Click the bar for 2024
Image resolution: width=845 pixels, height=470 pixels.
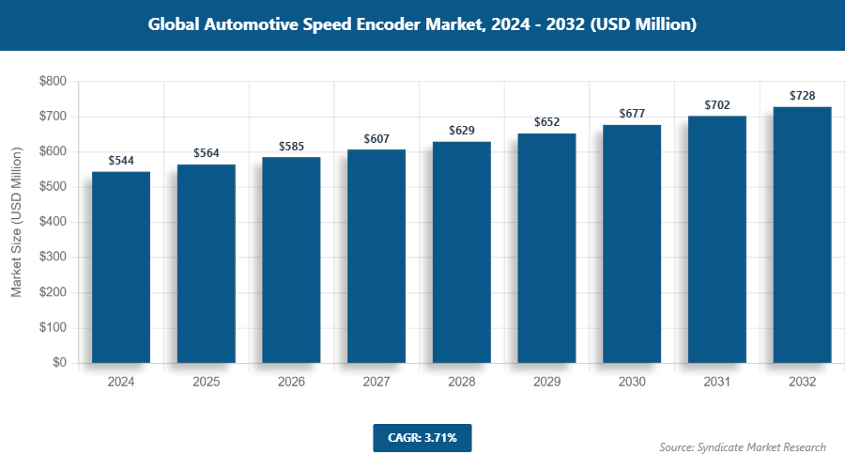click(121, 267)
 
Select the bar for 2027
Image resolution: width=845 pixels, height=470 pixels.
click(376, 256)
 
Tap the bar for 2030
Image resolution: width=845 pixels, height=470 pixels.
click(632, 243)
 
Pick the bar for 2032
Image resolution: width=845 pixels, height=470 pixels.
click(802, 235)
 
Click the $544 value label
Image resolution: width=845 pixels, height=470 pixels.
click(121, 161)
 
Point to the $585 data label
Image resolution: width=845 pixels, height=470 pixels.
click(291, 147)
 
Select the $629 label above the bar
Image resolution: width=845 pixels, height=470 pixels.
click(462, 130)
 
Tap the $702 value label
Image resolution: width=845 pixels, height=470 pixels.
click(717, 105)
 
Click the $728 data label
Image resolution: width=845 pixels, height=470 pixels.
click(802, 96)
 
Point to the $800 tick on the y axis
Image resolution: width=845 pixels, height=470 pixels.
click(52, 82)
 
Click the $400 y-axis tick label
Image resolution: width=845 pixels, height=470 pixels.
click(52, 223)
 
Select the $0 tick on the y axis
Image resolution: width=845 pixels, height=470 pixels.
click(58, 363)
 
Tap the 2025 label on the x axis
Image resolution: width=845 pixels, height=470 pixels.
click(207, 383)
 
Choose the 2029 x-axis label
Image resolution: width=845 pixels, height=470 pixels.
click(547, 383)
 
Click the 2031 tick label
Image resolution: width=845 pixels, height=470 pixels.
click(717, 383)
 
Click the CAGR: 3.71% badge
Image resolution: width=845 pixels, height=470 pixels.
click(422, 437)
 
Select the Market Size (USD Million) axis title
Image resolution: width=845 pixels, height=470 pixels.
click(16, 223)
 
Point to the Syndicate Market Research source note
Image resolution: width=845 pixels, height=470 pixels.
click(742, 446)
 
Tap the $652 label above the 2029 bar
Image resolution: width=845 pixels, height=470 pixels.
click(547, 122)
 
